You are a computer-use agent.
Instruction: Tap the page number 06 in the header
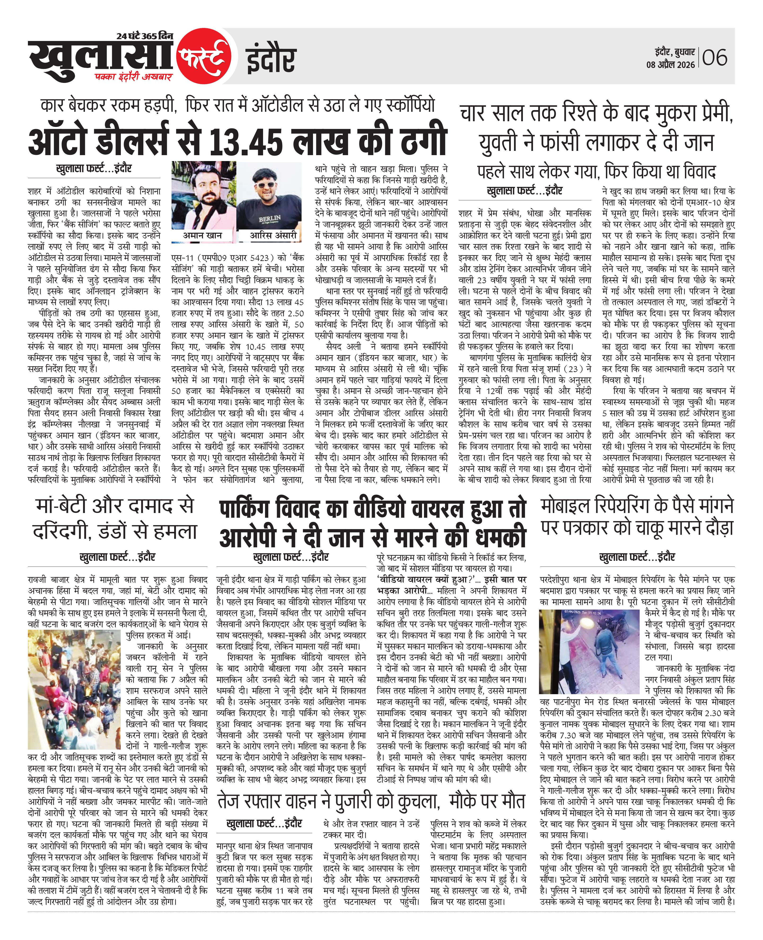click(x=715, y=58)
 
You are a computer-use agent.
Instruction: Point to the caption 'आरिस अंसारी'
click(x=273, y=235)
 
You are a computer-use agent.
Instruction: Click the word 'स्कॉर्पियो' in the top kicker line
click(x=410, y=106)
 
